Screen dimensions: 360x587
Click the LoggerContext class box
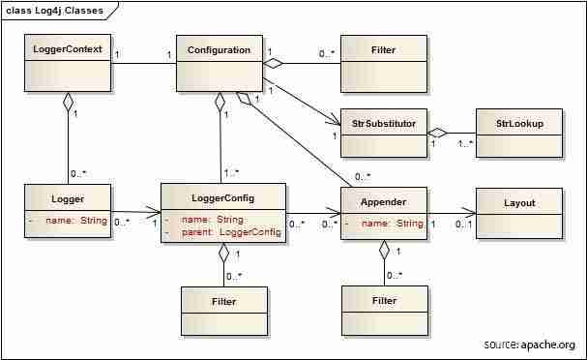click(x=67, y=63)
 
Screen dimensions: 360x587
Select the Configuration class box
click(x=219, y=63)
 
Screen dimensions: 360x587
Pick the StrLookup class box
click(x=518, y=133)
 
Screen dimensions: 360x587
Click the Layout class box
click(x=519, y=214)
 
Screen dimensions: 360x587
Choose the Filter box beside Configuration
click(x=384, y=63)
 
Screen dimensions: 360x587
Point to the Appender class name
click(x=385, y=203)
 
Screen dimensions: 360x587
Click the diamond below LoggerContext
click(x=67, y=101)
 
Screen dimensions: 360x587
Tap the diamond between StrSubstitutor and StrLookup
click(x=439, y=132)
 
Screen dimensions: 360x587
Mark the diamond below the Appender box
click(x=384, y=251)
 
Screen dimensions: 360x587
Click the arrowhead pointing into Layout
click(x=468, y=214)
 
